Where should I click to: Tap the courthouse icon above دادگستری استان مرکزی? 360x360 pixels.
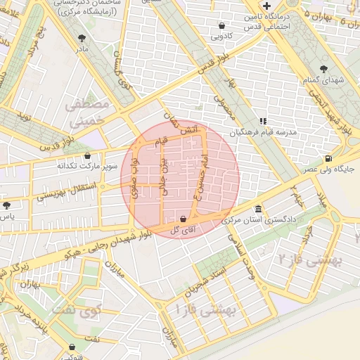click(259, 209)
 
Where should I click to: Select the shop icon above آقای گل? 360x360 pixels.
click(184, 219)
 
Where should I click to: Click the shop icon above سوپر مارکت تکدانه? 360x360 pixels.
click(87, 156)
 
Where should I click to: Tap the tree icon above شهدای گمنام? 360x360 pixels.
click(323, 69)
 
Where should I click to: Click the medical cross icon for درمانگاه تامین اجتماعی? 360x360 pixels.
click(266, 6)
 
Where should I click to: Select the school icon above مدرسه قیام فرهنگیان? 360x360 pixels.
click(263, 121)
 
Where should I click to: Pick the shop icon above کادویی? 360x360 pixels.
click(222, 25)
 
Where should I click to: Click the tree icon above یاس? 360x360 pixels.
click(7, 206)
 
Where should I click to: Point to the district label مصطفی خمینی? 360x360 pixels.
click(87, 112)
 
